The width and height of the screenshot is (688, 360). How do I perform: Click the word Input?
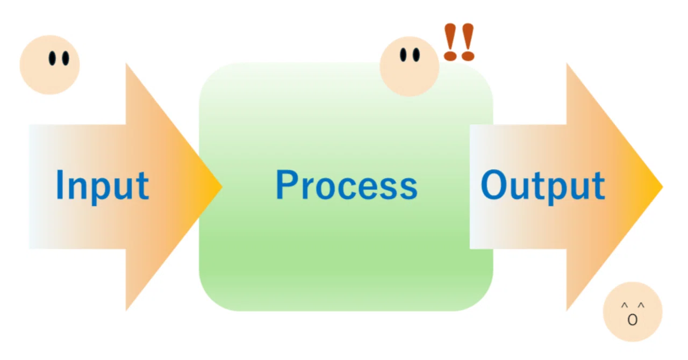click(102, 186)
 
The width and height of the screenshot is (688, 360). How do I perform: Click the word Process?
click(347, 185)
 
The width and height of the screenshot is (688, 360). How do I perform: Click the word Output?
click(543, 186)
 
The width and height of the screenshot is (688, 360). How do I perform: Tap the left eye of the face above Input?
click(53, 59)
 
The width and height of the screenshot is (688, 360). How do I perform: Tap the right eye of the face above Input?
click(66, 59)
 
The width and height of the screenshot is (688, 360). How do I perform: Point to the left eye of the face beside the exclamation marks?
click(403, 55)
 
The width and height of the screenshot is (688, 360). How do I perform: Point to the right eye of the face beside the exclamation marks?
click(416, 55)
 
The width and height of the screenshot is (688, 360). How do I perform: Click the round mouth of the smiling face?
click(633, 320)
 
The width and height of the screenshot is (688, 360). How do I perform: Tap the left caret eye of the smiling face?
click(625, 305)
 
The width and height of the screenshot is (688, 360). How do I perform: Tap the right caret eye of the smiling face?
click(641, 305)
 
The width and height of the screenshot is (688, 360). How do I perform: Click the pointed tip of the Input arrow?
click(222, 186)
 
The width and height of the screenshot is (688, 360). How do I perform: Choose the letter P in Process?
click(288, 185)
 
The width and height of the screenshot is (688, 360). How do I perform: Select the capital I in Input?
click(60, 185)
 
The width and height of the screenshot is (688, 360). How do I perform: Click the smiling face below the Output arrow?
click(633, 312)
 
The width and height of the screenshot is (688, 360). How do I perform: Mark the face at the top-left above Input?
click(50, 65)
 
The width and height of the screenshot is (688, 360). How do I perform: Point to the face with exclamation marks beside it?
click(410, 66)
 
